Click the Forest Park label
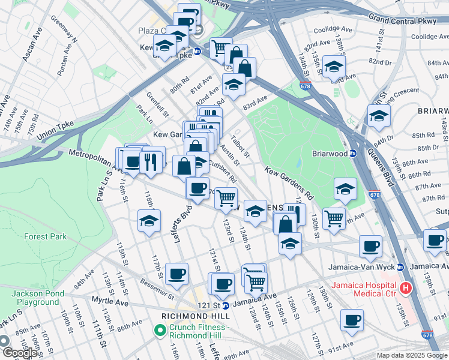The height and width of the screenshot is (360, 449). pos(45,236)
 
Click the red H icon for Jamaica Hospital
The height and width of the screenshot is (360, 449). pos(406,289)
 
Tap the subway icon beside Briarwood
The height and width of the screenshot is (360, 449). pos(354,153)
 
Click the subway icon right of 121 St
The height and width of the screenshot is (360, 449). pos(226,305)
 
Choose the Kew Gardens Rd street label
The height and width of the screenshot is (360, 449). pos(288,184)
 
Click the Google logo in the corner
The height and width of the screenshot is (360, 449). pos(19,353)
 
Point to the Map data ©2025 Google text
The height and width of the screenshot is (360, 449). pos(411,355)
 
